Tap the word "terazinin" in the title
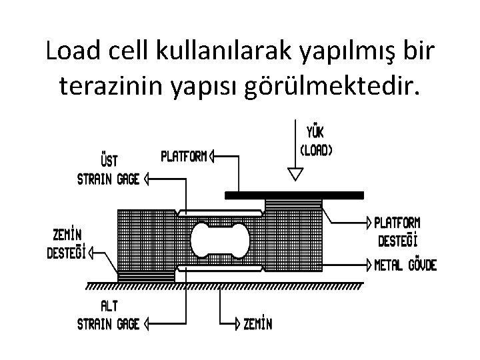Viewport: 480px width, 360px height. (x=116, y=87)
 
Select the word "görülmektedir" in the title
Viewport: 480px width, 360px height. (x=336, y=87)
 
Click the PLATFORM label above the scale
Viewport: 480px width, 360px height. (x=183, y=157)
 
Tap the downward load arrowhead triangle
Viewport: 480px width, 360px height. (x=295, y=175)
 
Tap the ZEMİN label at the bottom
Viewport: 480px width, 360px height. (x=257, y=325)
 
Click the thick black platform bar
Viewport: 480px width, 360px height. (x=294, y=195)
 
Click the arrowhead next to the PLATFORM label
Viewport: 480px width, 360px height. (x=211, y=157)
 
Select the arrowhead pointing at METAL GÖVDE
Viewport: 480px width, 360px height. (x=370, y=265)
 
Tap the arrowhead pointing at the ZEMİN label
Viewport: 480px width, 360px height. (x=237, y=325)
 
